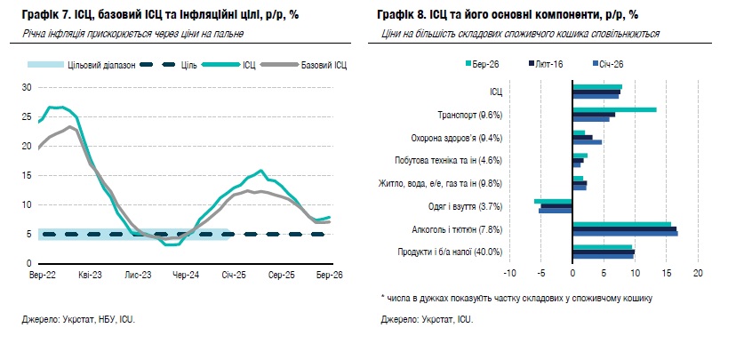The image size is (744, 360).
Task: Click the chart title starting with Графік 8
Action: coord(508,14)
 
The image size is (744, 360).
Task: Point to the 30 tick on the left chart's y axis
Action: coord(27,87)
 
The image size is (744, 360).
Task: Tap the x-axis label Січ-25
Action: coord(233,276)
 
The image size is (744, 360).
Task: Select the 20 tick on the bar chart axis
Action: coord(699,273)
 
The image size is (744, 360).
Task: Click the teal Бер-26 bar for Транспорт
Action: coord(614,109)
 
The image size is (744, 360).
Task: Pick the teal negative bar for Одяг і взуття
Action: coord(553,201)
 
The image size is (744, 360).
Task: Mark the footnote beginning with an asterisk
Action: coord(516,299)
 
